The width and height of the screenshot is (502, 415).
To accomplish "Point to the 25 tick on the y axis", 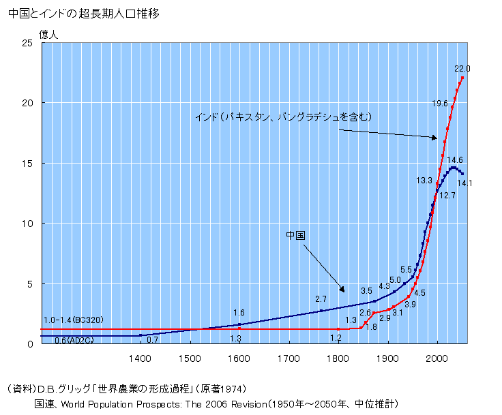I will click(29, 43).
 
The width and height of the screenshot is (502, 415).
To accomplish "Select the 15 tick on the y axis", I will click(29, 164).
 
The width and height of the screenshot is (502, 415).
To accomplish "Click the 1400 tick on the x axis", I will click(141, 357).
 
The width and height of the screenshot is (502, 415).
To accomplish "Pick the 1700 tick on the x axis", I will click(289, 357).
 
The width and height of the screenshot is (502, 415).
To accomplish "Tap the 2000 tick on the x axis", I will click(437, 357).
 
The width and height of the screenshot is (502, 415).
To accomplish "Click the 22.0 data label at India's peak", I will click(462, 69).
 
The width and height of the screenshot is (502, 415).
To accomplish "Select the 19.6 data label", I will click(439, 104).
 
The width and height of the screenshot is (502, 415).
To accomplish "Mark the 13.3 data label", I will click(424, 181).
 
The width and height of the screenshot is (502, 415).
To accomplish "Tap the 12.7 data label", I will click(447, 195).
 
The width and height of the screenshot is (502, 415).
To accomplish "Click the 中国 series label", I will click(295, 235).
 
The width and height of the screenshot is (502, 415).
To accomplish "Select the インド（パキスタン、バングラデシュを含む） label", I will click(283, 117).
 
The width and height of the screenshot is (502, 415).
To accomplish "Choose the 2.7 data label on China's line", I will click(321, 299).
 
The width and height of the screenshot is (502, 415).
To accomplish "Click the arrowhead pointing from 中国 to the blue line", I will click(342, 288).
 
